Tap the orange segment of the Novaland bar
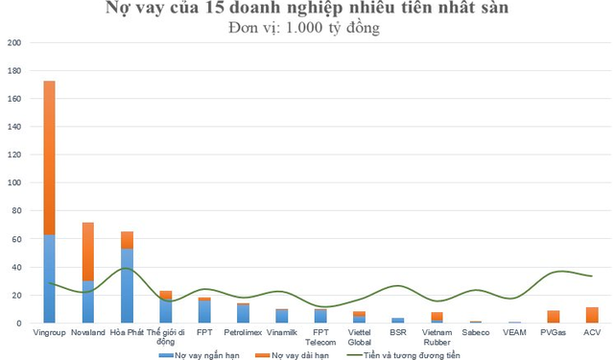(x=87, y=252)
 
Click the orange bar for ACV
(x=592, y=315)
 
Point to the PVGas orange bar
(x=553, y=317)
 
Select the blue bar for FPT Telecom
(x=320, y=316)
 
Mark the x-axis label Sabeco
(x=476, y=332)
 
